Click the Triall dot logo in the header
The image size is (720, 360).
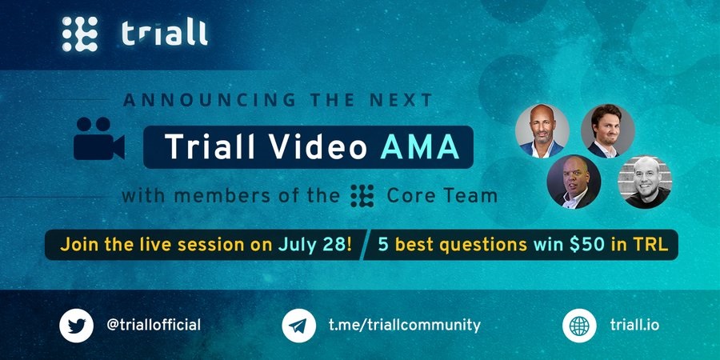coord(80,34)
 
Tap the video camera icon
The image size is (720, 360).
coord(98,138)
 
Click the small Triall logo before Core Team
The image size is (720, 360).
coord(362,196)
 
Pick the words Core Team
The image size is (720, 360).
coord(442,196)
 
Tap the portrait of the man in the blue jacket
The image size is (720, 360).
coord(542,131)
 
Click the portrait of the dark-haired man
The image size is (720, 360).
coord(607,131)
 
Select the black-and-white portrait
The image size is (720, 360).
coord(645,182)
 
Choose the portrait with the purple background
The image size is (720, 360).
coord(574,182)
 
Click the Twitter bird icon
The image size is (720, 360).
coord(76,326)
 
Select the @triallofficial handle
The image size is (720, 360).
coord(154,325)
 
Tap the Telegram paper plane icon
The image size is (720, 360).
coord(298,326)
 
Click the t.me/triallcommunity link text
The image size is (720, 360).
coord(405,325)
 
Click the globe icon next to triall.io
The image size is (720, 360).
coord(579,326)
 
